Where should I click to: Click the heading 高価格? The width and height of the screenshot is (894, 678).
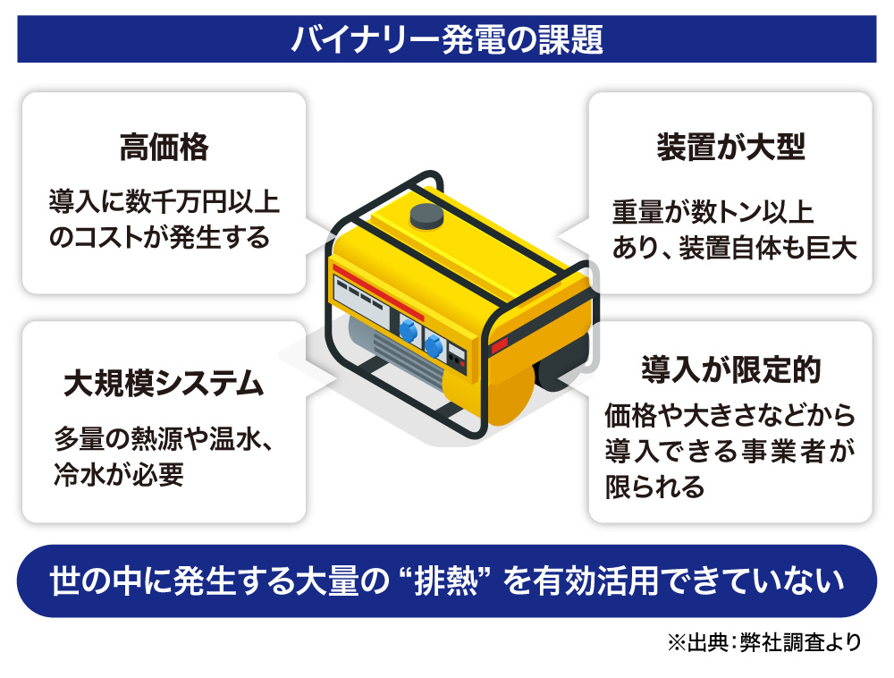pos(164,148)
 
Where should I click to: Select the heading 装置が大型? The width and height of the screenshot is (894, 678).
pos(730,148)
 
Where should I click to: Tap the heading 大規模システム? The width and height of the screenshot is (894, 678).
pos(164,384)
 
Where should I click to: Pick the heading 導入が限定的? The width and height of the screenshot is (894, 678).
pos(730,369)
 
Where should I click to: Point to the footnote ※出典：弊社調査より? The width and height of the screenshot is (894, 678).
pos(763,641)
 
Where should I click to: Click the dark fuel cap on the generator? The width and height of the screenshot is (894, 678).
pos(426,216)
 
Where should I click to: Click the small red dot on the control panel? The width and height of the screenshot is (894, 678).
pos(458,363)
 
